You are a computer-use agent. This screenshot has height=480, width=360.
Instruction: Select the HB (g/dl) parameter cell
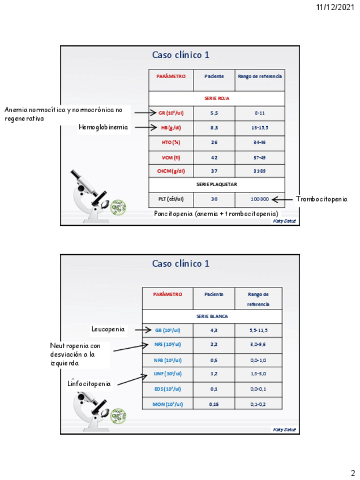click(x=171, y=128)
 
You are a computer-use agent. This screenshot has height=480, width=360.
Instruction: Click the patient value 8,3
click(x=214, y=128)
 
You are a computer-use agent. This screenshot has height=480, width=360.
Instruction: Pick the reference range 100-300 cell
click(x=260, y=199)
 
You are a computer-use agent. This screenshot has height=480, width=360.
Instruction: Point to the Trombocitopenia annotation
click(x=322, y=199)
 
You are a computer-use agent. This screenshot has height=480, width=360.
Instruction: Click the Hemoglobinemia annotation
click(x=104, y=128)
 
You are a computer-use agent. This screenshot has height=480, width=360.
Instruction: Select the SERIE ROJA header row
click(x=216, y=98)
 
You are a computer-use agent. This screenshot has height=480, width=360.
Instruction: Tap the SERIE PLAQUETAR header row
click(x=216, y=185)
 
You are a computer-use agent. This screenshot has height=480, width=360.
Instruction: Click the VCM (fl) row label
click(x=171, y=157)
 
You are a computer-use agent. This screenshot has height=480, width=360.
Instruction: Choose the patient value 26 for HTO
click(x=214, y=142)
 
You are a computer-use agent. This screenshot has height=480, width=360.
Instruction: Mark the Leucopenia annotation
click(x=109, y=329)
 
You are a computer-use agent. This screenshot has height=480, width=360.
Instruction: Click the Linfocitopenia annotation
click(x=89, y=384)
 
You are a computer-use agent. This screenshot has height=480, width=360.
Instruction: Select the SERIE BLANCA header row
click(x=212, y=316)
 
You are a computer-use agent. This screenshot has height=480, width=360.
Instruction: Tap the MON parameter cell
click(x=167, y=404)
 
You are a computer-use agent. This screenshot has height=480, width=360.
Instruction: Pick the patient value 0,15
click(x=213, y=404)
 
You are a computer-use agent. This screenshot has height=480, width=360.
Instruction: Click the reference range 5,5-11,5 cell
click(x=258, y=331)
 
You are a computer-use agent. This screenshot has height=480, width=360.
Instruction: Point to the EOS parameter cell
click(x=167, y=389)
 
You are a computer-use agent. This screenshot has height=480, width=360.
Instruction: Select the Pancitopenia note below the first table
click(x=216, y=214)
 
